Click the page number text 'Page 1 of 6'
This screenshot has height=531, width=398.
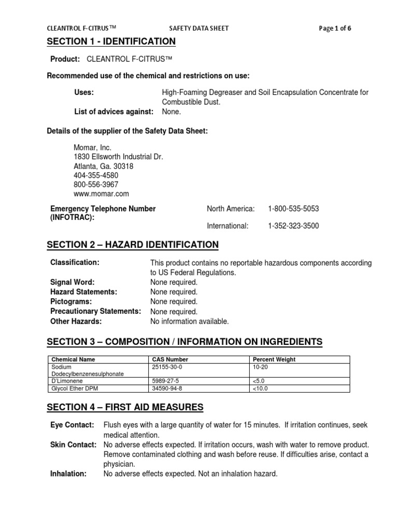click(335, 28)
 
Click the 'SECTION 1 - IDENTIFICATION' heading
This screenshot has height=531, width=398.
click(111, 41)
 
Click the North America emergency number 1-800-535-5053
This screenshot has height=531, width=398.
click(293, 208)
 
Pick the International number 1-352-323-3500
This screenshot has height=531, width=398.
click(293, 226)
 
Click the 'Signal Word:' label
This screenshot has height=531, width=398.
click(72, 282)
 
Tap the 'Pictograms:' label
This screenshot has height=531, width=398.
click(71, 301)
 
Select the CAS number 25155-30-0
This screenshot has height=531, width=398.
click(168, 366)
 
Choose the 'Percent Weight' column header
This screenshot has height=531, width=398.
click(274, 359)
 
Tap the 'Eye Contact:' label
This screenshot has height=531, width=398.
click(72, 425)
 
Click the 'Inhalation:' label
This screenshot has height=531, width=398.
click(68, 473)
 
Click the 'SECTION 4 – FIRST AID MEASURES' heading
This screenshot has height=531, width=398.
click(125, 407)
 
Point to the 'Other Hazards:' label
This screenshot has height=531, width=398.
click(76, 321)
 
